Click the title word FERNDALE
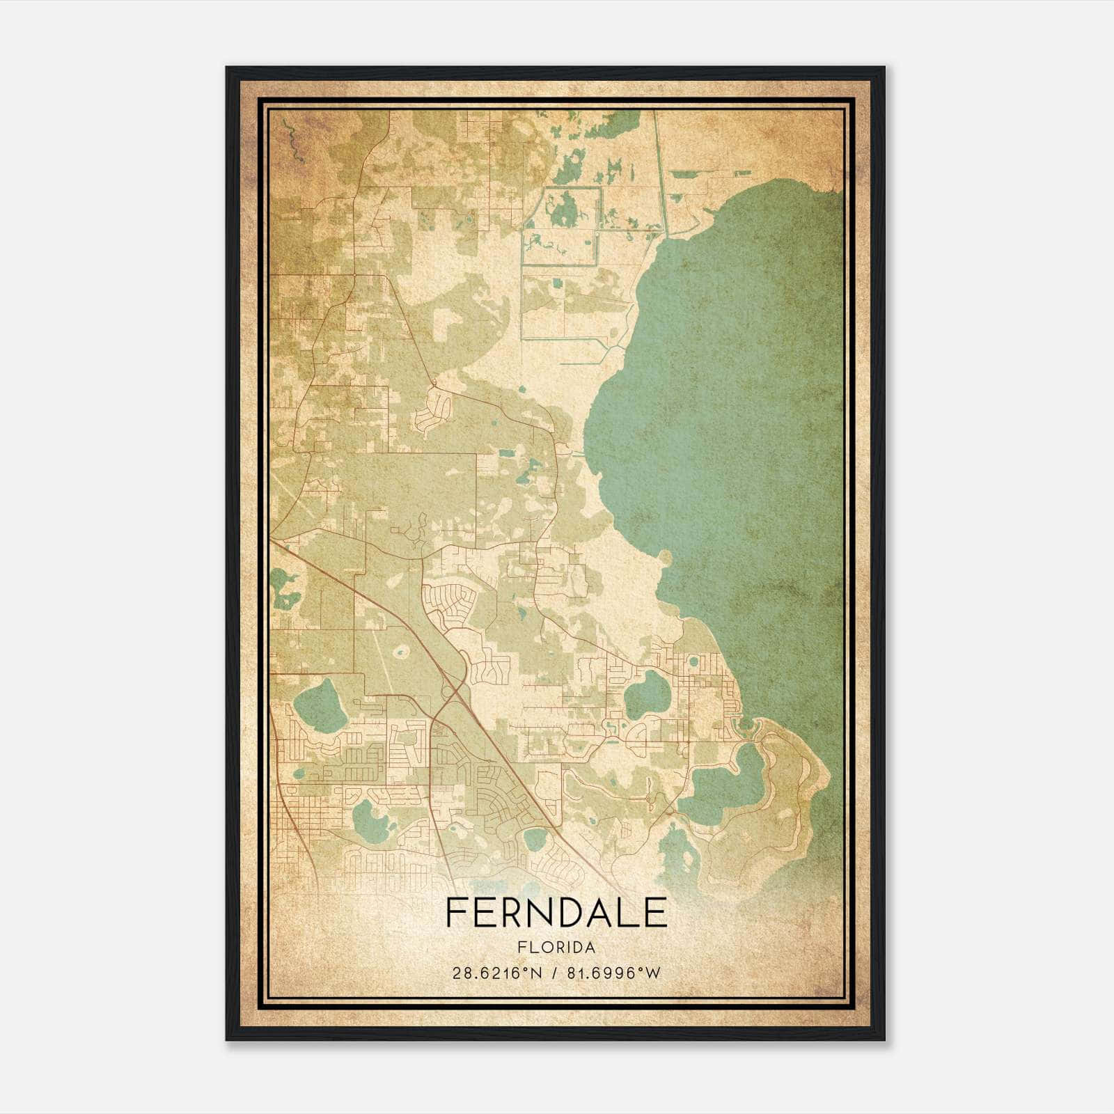click(556, 913)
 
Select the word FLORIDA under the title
click(556, 948)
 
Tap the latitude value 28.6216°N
click(496, 973)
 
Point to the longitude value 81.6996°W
click(614, 973)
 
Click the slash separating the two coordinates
click(555, 973)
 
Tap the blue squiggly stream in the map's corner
click(293, 139)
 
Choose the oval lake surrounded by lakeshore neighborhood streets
click(647, 695)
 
